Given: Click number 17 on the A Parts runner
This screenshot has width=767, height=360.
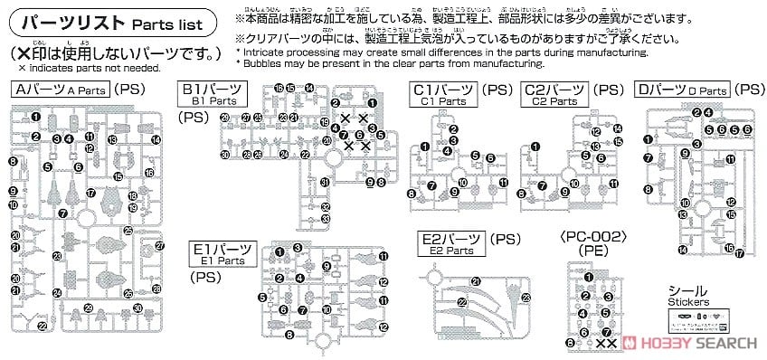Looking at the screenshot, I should [90, 194].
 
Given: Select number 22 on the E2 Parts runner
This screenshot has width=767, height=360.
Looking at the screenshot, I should [462, 302].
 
